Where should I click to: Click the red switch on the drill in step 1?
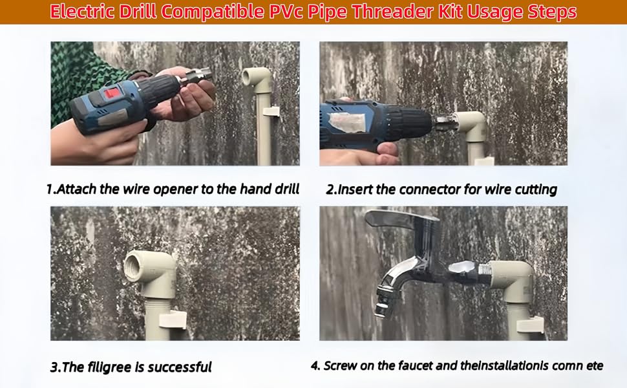coord(112,94)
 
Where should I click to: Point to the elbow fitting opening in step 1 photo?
coord(249,76)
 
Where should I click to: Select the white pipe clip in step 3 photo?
coord(173,320)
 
